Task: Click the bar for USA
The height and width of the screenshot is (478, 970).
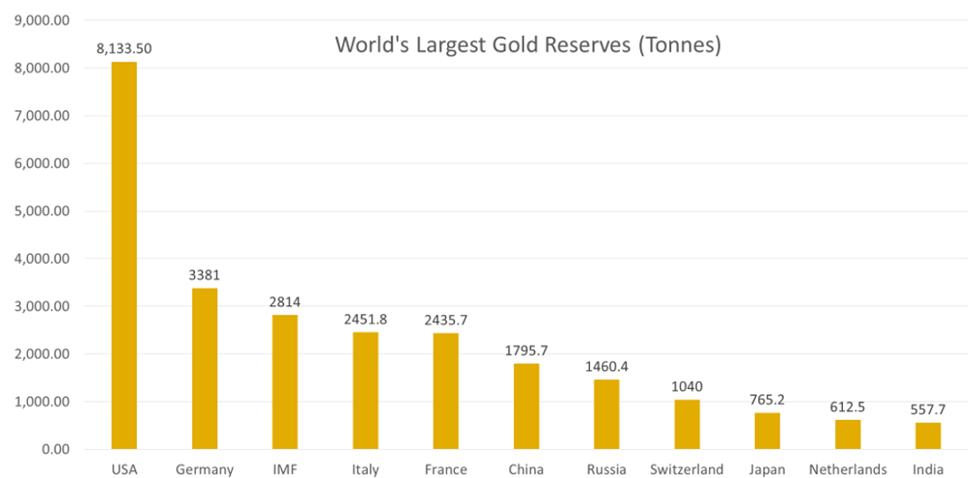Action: click(x=123, y=256)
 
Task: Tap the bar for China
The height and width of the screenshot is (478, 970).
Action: click(x=526, y=407)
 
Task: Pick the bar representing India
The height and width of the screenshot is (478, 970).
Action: click(x=929, y=436)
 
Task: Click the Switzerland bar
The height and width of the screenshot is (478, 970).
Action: click(x=687, y=424)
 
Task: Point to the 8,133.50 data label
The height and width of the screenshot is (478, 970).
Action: click(x=123, y=48)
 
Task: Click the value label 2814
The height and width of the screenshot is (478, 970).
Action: click(x=285, y=301)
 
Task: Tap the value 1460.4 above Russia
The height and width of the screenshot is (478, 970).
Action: click(x=607, y=365)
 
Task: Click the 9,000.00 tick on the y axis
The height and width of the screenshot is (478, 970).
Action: click(x=44, y=21)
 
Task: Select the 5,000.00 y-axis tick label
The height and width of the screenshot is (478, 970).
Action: click(x=44, y=212)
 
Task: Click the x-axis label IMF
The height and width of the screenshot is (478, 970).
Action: click(x=285, y=469)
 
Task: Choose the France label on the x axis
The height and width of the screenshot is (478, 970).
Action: click(x=445, y=469)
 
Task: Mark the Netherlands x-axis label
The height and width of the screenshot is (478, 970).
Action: click(x=848, y=469)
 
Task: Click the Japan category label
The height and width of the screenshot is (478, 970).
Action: click(x=767, y=469)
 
